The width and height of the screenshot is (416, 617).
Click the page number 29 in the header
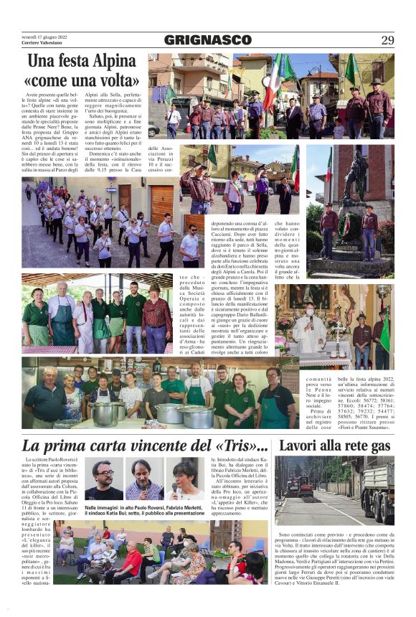pos(387,40)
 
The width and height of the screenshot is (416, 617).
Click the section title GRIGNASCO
pos(207,40)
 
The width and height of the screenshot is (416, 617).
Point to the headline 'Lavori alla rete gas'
pos(334,445)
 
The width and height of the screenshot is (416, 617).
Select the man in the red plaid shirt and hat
pos(156,316)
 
